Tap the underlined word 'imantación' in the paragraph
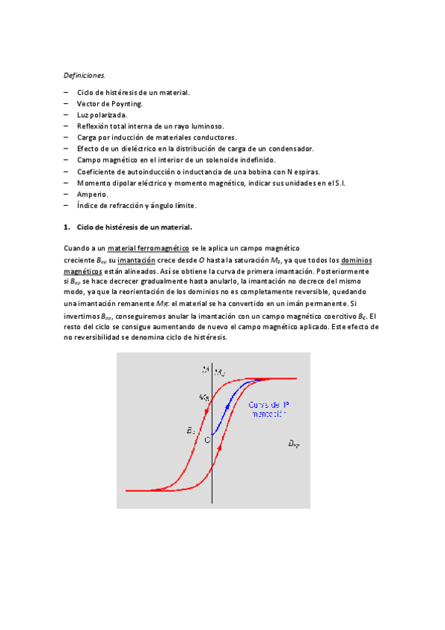137,260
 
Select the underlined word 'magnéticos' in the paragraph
83,271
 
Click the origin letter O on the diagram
208,440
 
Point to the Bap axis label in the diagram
293,444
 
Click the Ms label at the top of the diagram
220,371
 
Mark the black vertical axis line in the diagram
212,461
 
